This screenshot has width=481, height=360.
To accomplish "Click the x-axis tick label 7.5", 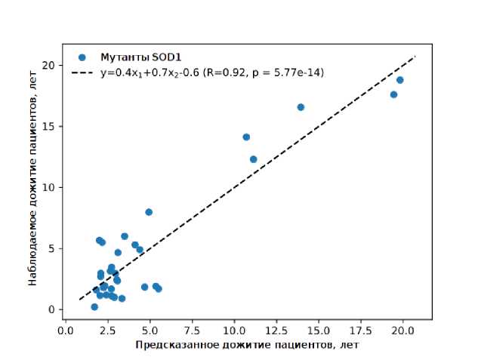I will pyautogui.click(x=192, y=330).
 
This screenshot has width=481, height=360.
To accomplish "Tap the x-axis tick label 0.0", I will pyautogui.click(x=66, y=330).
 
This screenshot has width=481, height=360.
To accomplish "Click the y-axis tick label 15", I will pyautogui.click(x=48, y=126).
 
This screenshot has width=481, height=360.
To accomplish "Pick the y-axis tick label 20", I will pyautogui.click(x=48, y=65).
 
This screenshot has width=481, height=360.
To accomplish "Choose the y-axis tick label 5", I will pyautogui.click(x=51, y=248).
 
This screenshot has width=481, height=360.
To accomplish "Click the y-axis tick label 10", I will pyautogui.click(x=48, y=187).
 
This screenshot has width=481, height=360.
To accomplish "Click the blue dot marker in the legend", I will pyautogui.click(x=82, y=57).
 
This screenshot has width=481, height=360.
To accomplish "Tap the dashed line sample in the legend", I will pyautogui.click(x=82, y=72).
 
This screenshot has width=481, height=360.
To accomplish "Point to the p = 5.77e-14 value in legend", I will pyautogui.click(x=283, y=72).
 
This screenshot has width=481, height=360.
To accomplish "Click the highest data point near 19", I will pyautogui.click(x=399, y=80).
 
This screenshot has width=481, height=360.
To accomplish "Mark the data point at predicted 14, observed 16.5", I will pyautogui.click(x=301, y=107).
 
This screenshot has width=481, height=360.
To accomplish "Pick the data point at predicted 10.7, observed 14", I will pyautogui.click(x=246, y=137).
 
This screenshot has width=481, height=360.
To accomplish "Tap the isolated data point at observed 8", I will pyautogui.click(x=149, y=212).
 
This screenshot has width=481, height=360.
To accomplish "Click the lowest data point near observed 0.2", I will pyautogui.click(x=94, y=307).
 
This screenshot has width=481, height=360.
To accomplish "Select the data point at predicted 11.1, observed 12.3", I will pyautogui.click(x=253, y=159).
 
